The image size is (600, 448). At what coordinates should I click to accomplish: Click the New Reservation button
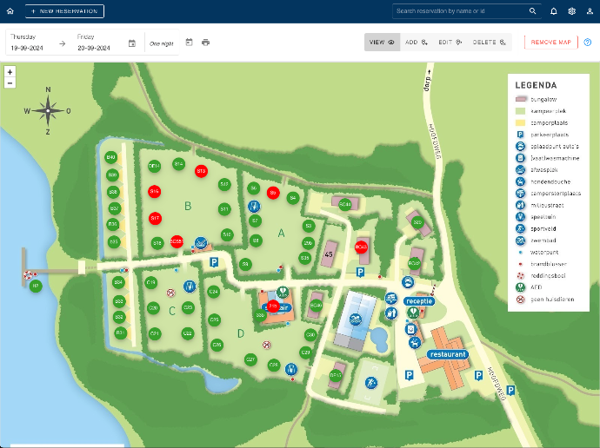[64, 11]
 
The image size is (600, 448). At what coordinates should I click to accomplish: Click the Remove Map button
[550, 42]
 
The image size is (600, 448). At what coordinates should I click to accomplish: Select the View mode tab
[382, 42]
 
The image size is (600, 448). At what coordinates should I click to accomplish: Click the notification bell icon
[554, 11]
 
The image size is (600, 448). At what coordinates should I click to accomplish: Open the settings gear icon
[571, 11]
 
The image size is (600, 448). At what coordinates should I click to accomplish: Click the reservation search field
[461, 11]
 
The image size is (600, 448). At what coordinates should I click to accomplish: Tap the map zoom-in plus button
[10, 72]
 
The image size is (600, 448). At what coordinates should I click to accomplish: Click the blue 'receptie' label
[418, 300]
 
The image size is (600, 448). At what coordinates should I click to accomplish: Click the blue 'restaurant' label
[448, 354]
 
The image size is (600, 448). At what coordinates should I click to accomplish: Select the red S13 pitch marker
[201, 171]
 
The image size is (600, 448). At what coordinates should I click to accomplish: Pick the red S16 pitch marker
[154, 191]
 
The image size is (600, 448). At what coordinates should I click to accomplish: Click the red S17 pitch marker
[155, 218]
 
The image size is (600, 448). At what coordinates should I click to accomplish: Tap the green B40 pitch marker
[111, 157]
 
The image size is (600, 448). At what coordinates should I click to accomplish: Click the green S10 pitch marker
[227, 234]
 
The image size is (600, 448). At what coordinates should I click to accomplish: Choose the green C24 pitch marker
[213, 292]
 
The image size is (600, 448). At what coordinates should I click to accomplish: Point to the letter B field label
[187, 206]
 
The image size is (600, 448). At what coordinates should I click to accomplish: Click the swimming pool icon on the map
[355, 320]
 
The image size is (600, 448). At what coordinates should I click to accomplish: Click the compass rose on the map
[48, 109]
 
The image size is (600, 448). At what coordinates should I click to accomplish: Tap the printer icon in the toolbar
[206, 42]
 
